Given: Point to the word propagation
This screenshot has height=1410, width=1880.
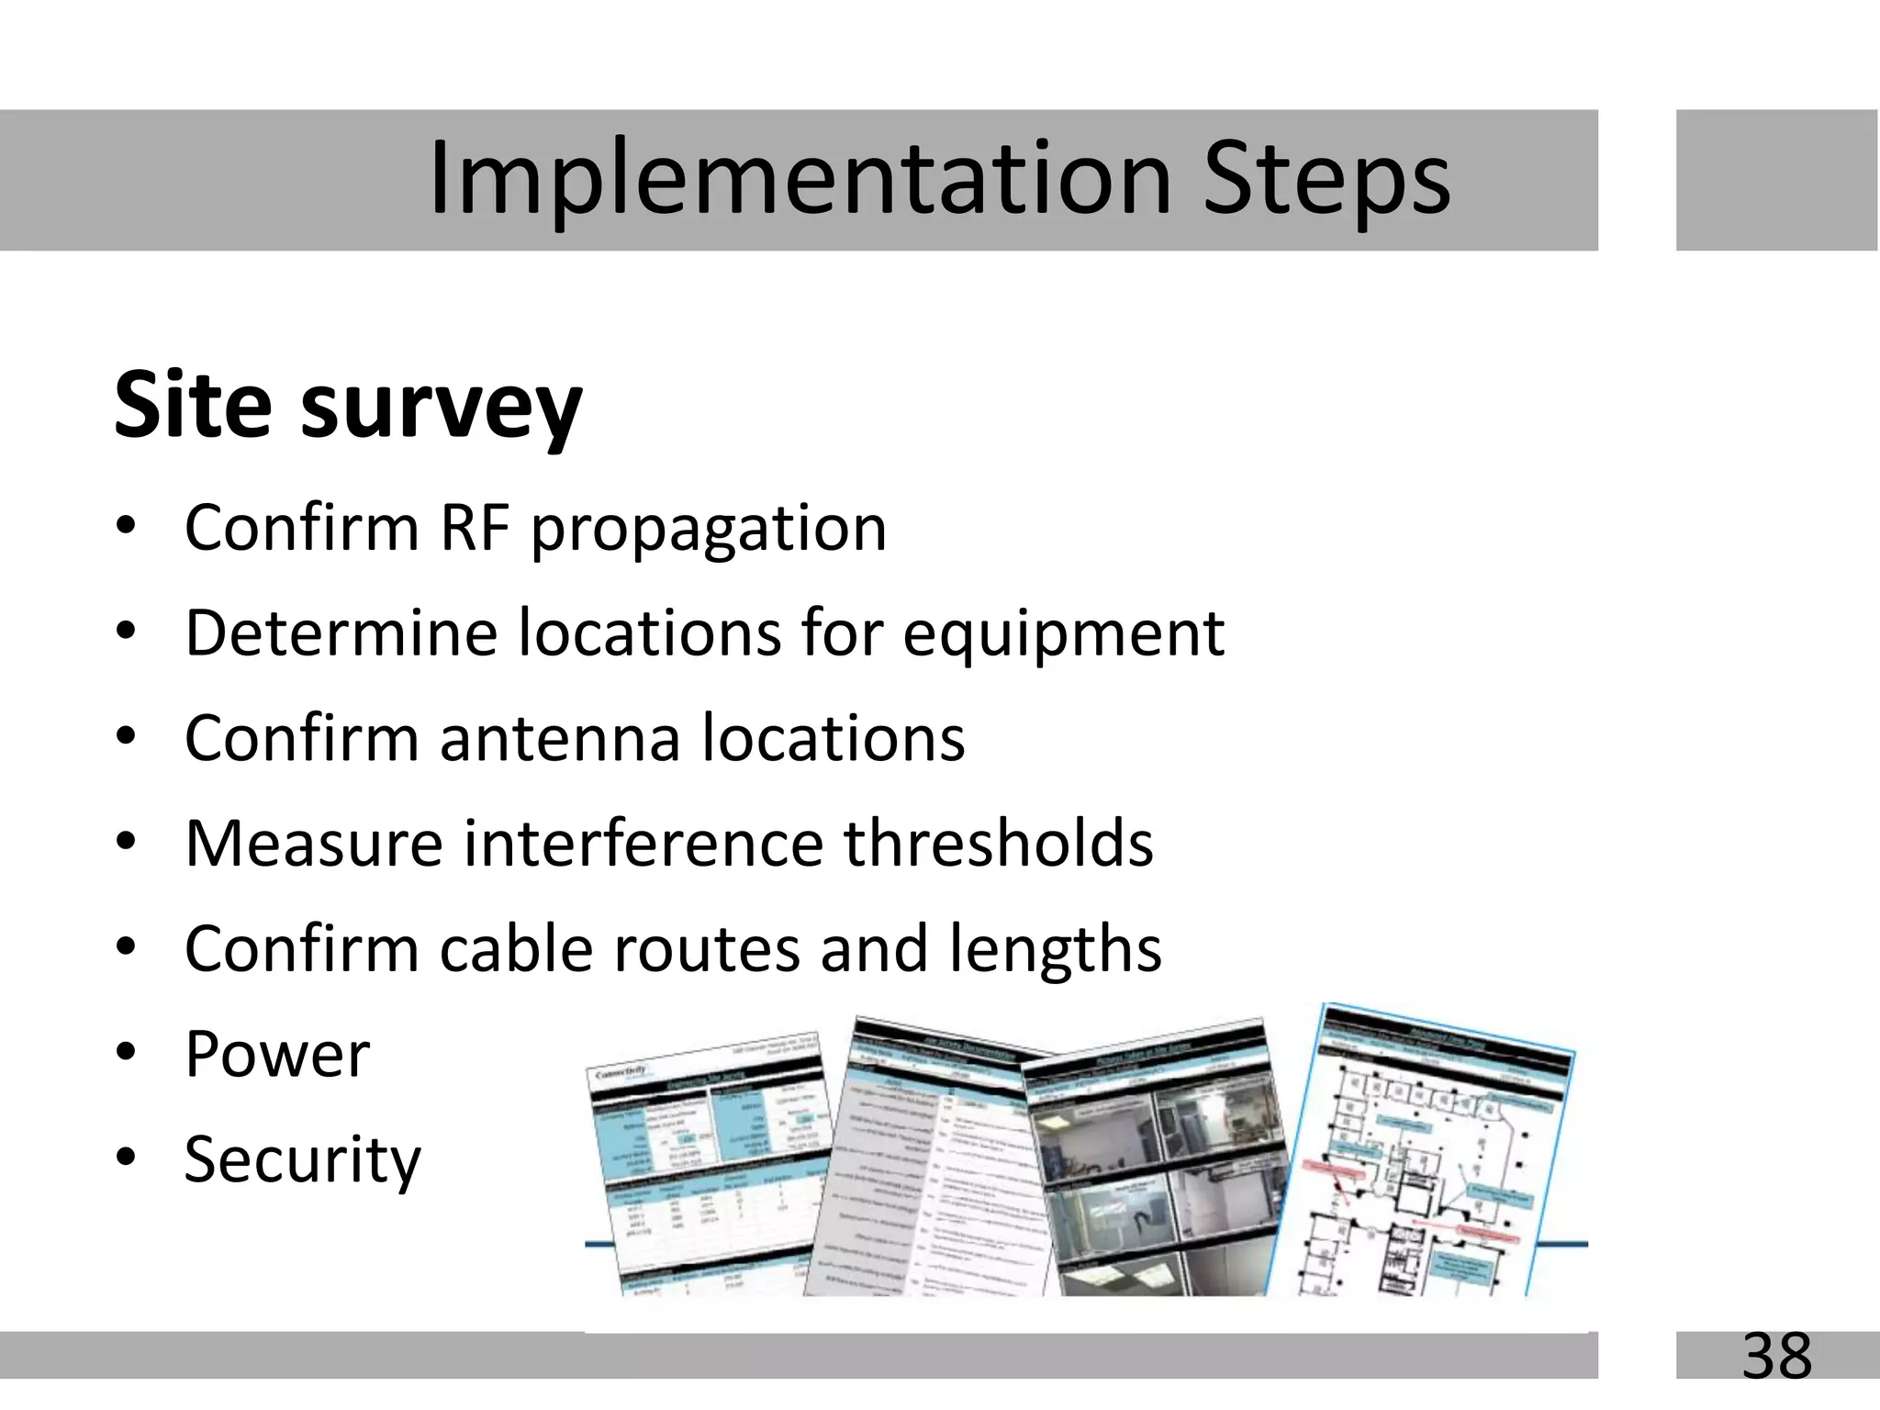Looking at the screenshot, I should (x=709, y=531).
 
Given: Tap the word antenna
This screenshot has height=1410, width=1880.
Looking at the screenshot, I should (x=560, y=738).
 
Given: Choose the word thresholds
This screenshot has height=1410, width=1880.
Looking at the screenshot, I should (x=999, y=843).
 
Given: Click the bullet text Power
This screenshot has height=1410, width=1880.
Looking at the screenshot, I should (x=277, y=1054).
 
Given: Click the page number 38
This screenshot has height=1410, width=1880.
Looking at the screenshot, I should (x=1776, y=1356).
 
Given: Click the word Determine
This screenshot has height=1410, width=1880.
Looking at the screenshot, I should (x=341, y=633).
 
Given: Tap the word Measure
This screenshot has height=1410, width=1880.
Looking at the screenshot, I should (x=313, y=843).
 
